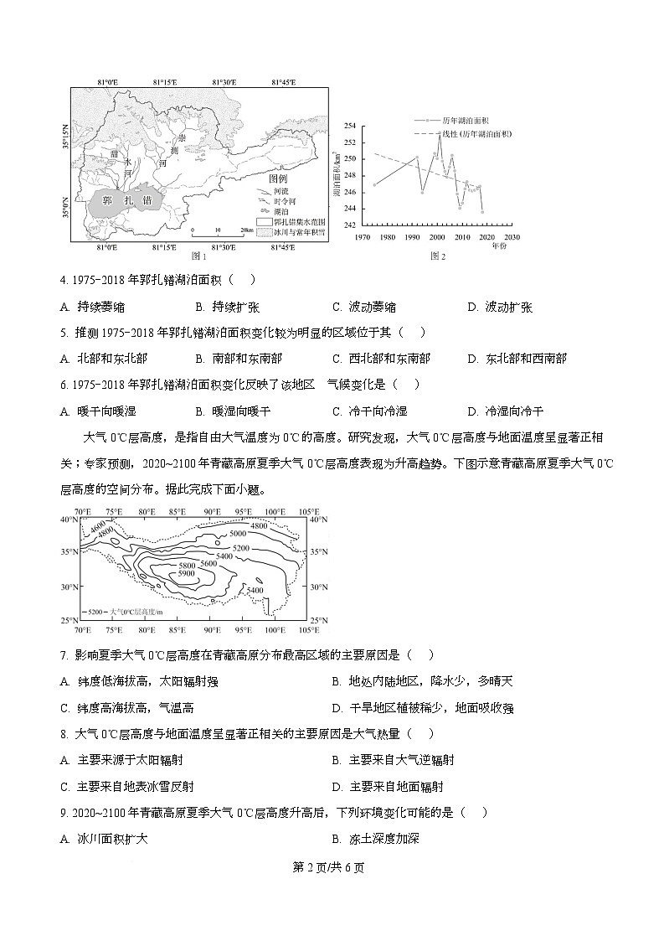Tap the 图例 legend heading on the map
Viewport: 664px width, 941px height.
277,179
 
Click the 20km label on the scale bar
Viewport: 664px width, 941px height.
245,229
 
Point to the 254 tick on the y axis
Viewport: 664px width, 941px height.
350,126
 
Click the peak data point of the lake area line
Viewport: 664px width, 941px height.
440,134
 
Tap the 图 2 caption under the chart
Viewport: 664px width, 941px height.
436,256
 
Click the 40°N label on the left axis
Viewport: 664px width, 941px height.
69,520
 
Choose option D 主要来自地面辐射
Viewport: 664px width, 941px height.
388,786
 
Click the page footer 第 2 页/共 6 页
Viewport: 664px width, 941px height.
332,867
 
